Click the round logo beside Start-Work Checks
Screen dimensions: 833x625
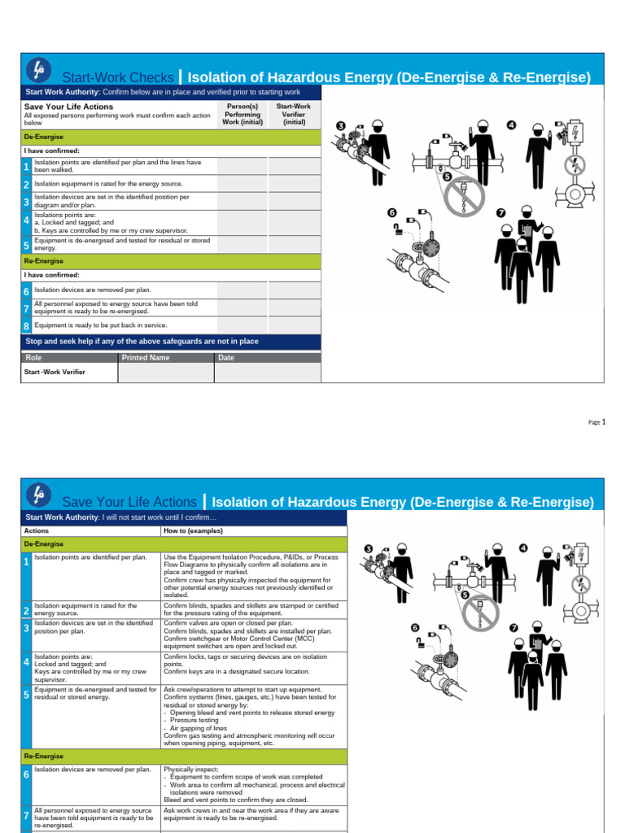pyautogui.click(x=38, y=70)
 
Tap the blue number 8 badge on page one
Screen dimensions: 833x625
pyautogui.click(x=26, y=325)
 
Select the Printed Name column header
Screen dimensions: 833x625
pyautogui.click(x=146, y=357)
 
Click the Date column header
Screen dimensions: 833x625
pyautogui.click(x=226, y=357)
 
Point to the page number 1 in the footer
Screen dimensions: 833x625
pyautogui.click(x=604, y=421)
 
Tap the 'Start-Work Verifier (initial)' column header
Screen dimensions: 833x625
pyautogui.click(x=294, y=115)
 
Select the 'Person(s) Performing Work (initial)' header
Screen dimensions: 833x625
pyautogui.click(x=242, y=115)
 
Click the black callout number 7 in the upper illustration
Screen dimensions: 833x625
pyautogui.click(x=500, y=213)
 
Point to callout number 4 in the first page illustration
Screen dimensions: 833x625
pyautogui.click(x=511, y=124)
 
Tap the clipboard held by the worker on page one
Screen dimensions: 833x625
pyautogui.click(x=527, y=230)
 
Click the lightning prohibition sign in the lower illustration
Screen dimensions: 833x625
pyautogui.click(x=582, y=584)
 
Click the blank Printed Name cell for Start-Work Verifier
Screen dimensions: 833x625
pyautogui.click(x=166, y=373)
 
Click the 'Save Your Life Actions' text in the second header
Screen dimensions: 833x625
pyautogui.click(x=129, y=502)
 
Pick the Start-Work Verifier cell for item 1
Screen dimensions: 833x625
pyautogui.click(x=295, y=166)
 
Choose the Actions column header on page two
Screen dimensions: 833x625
pyautogui.click(x=37, y=530)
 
